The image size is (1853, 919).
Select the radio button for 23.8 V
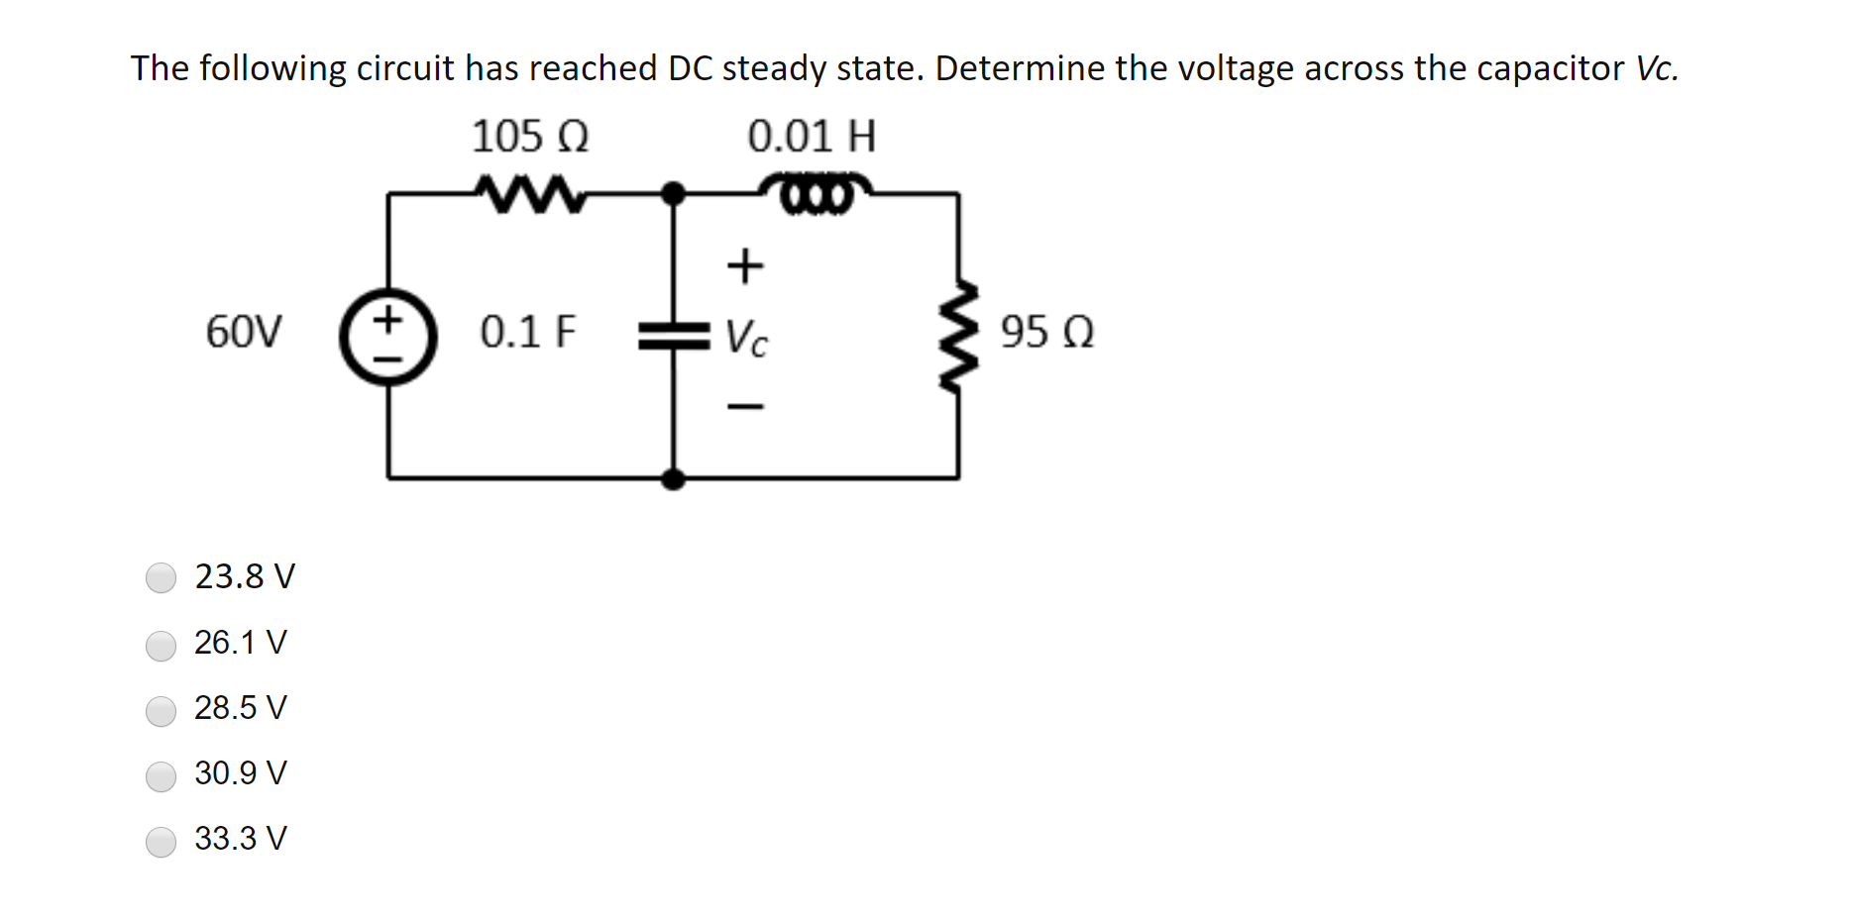[x=161, y=577]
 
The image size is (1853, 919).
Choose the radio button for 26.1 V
[x=161, y=646]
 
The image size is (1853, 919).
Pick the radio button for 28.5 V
[x=161, y=711]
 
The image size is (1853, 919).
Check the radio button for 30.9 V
[x=161, y=776]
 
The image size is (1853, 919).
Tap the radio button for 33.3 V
[x=161, y=842]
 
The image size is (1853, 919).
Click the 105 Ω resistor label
[x=530, y=136]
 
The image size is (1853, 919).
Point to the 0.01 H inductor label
[x=812, y=136]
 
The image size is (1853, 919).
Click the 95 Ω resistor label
[x=1046, y=332]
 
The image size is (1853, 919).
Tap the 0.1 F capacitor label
[x=527, y=332]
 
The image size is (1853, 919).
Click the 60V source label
[x=244, y=332]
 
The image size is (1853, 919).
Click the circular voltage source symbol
[x=387, y=338]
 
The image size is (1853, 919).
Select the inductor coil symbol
[x=816, y=192]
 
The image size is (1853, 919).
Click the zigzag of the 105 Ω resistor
[x=529, y=194]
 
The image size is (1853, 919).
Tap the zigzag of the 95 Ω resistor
[x=958, y=337]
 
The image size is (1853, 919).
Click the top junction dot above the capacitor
[x=674, y=192]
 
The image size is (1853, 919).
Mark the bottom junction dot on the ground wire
[x=674, y=479]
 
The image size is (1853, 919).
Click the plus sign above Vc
[x=745, y=265]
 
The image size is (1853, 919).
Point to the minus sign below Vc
[x=745, y=406]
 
